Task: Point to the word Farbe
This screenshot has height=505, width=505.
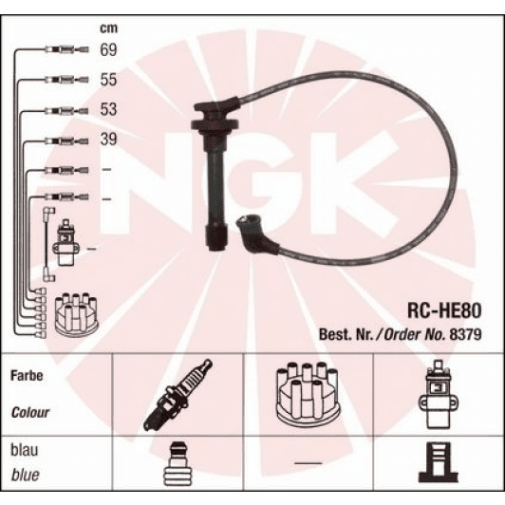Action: click(29, 375)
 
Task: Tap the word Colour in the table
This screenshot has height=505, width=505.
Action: click(31, 414)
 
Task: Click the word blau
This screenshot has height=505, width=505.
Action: click(26, 451)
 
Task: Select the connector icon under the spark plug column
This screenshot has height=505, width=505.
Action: click(178, 464)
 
